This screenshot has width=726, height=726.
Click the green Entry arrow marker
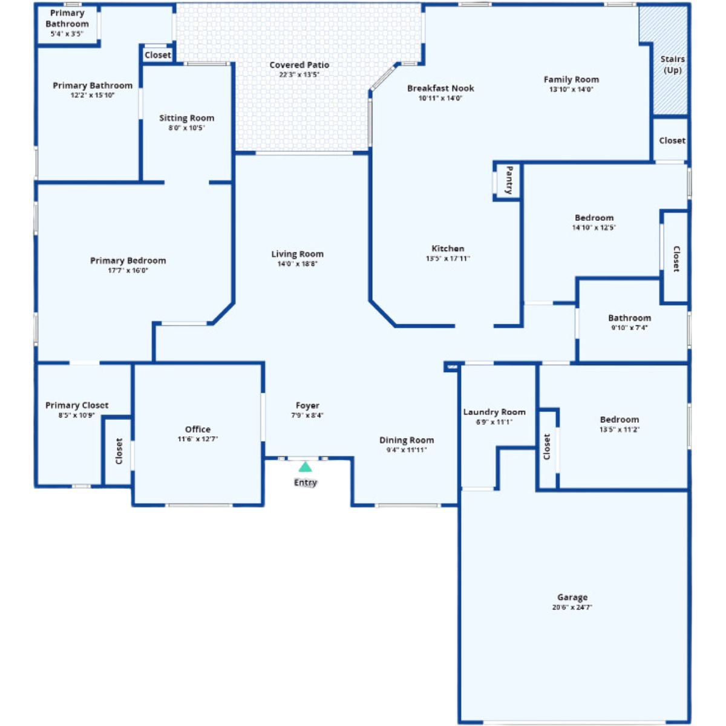pyautogui.click(x=306, y=467)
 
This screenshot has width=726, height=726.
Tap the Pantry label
pyautogui.click(x=509, y=180)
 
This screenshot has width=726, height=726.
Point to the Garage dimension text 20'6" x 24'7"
pyautogui.click(x=572, y=607)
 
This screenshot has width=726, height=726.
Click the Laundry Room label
pyautogui.click(x=494, y=412)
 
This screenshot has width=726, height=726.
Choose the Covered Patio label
pyautogui.click(x=299, y=65)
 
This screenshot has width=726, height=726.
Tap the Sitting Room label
pyautogui.click(x=186, y=118)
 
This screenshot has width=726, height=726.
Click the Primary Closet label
pyautogui.click(x=77, y=405)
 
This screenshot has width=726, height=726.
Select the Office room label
pyautogui.click(x=198, y=430)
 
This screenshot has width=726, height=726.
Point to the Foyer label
pyautogui.click(x=307, y=405)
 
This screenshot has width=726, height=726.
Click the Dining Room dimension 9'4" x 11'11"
pyautogui.click(x=407, y=450)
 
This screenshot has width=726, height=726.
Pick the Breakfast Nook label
pyautogui.click(x=440, y=88)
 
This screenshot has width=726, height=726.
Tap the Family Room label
pyautogui.click(x=571, y=79)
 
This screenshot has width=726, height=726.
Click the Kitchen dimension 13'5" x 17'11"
pyautogui.click(x=448, y=258)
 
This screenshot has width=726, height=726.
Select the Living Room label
pyautogui.click(x=297, y=254)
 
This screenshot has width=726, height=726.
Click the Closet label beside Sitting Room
pyautogui.click(x=158, y=55)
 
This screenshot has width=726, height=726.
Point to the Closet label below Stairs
pyautogui.click(x=672, y=140)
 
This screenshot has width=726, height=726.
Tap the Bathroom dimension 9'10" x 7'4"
pyautogui.click(x=629, y=327)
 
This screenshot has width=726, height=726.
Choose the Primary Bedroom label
pyautogui.click(x=128, y=261)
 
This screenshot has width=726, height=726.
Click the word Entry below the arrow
pyautogui.click(x=306, y=483)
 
